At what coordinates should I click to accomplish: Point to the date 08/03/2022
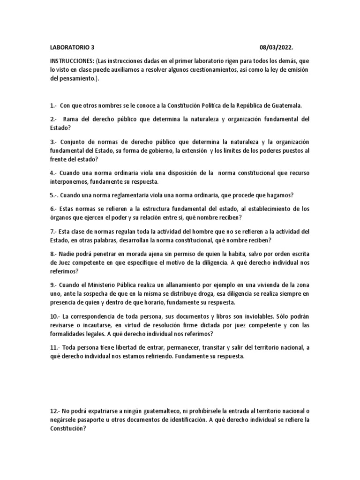tap(278, 47)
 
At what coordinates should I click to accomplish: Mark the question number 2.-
tap(54, 119)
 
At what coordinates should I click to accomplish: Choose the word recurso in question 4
tap(297, 173)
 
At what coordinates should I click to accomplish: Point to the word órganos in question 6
tap(60, 217)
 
